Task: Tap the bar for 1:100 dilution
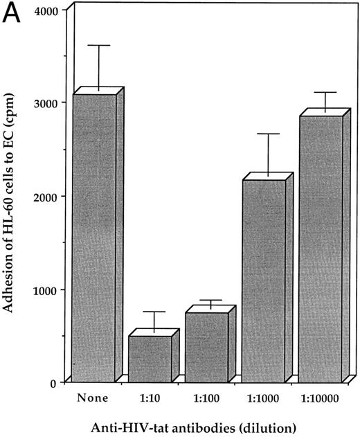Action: [206, 346]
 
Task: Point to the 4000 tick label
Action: [46, 10]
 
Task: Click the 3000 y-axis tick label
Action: [46, 102]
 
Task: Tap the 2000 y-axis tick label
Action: [46, 196]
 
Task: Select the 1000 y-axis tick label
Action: [46, 289]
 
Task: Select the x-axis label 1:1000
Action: [262, 398]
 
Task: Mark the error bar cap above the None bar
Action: [99, 46]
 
